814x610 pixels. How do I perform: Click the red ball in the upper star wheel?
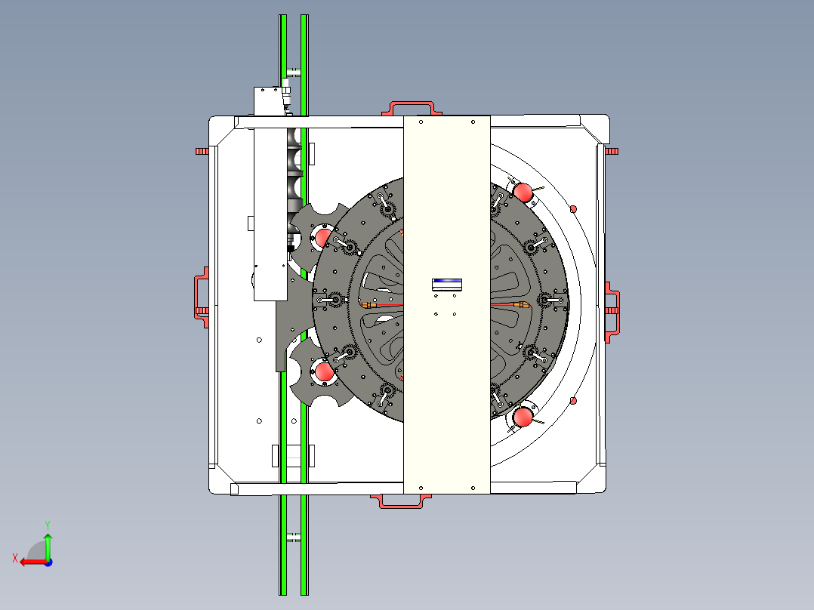click(x=322, y=237)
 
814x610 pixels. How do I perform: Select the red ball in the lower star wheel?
click(x=324, y=372)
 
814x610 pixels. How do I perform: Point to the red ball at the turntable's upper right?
click(x=523, y=192)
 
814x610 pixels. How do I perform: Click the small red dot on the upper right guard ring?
click(x=573, y=208)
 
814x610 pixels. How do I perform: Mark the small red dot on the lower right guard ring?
click(x=573, y=400)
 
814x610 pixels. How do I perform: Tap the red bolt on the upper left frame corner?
click(x=201, y=151)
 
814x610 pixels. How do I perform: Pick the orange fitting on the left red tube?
click(x=370, y=305)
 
